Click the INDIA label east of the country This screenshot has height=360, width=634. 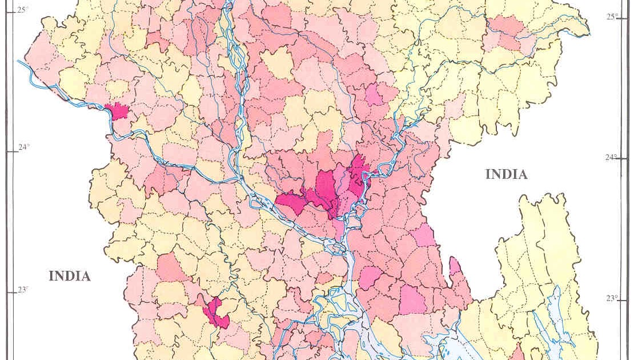[x=506, y=174]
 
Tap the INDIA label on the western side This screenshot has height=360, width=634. [x=69, y=276]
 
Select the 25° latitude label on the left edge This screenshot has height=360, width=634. [x=22, y=10]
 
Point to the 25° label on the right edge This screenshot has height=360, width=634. [x=612, y=17]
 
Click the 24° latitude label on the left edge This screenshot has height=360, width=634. [x=23, y=147]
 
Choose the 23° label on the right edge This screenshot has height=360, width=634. [x=612, y=298]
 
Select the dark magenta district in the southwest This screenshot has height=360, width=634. [x=216, y=312]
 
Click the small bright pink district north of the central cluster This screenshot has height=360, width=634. [x=374, y=95]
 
